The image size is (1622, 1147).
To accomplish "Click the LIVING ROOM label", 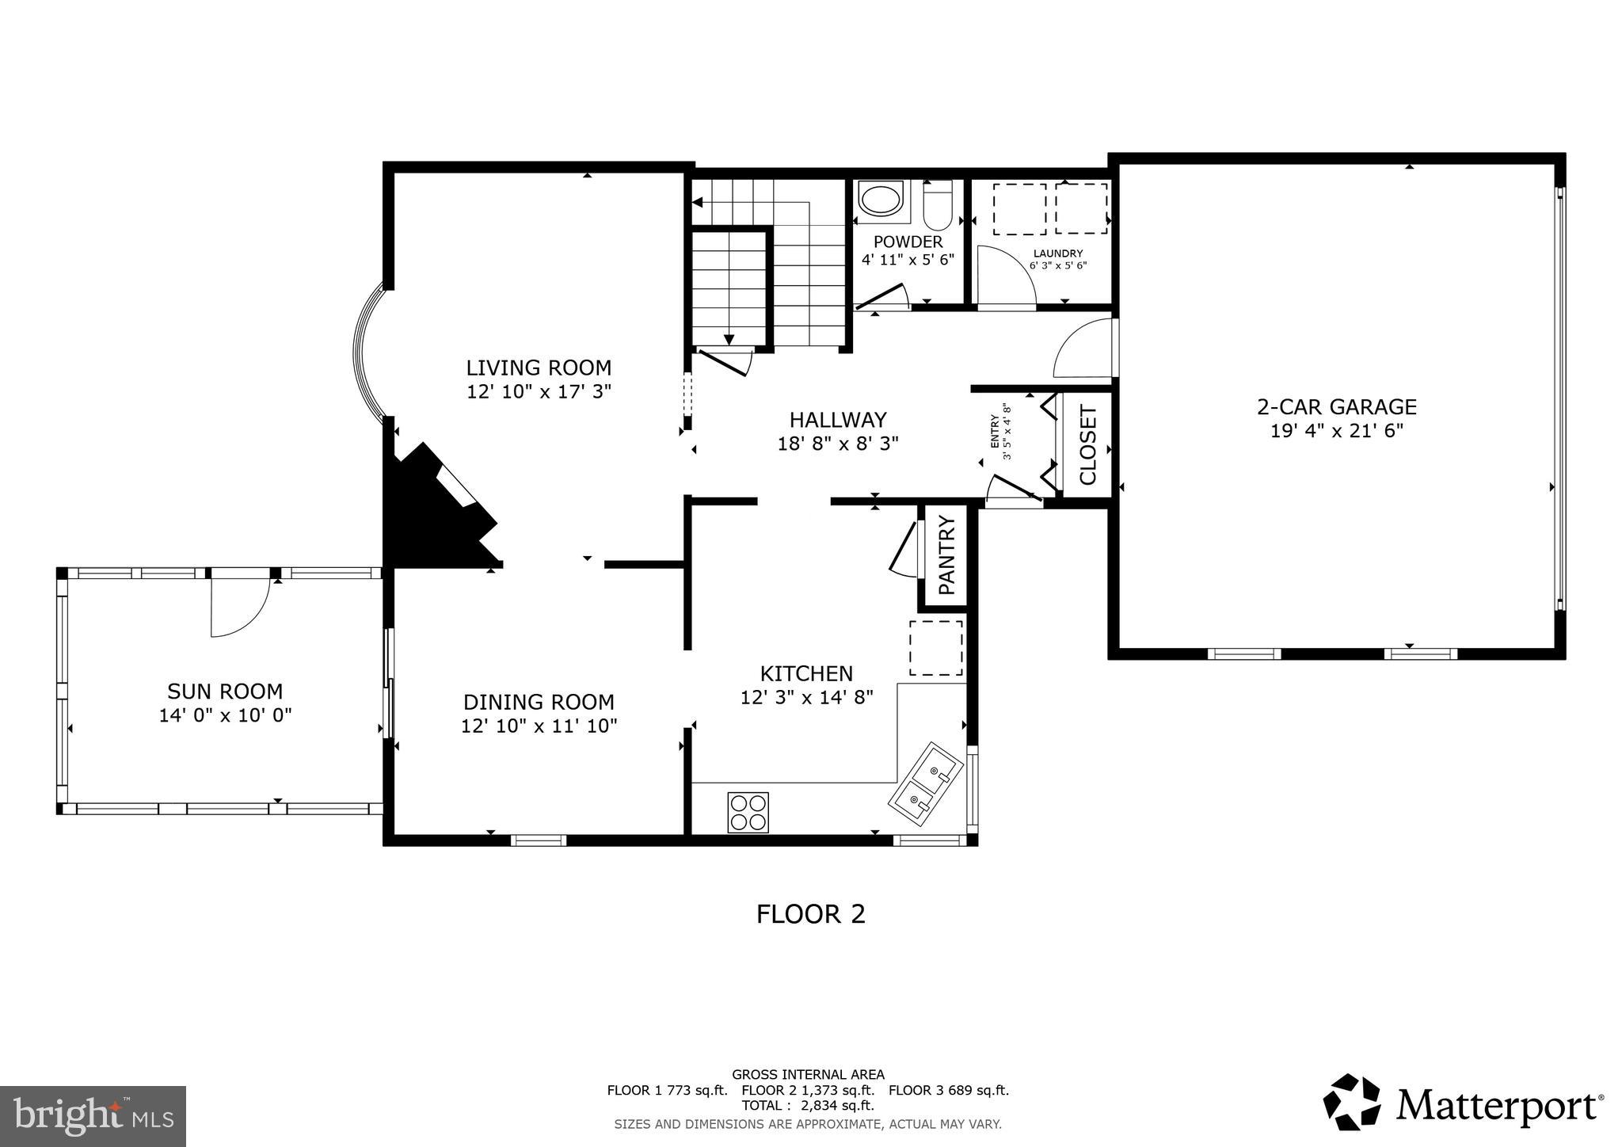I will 539,368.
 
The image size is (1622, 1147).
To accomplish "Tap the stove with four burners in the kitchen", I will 748,812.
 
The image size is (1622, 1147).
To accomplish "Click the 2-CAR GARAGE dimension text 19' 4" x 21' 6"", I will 1337,431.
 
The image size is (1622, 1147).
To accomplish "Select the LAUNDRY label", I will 1057,253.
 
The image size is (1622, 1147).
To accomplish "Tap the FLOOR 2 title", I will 810,914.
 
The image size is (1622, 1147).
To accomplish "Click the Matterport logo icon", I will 1351,1101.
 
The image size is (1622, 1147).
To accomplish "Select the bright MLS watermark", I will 93,1116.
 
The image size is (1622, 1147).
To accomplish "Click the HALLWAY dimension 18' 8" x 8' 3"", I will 838,444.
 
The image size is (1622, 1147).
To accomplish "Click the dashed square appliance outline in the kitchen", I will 935,648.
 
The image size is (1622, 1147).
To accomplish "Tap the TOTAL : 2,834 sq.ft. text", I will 808,1105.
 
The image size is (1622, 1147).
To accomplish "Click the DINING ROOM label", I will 539,702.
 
